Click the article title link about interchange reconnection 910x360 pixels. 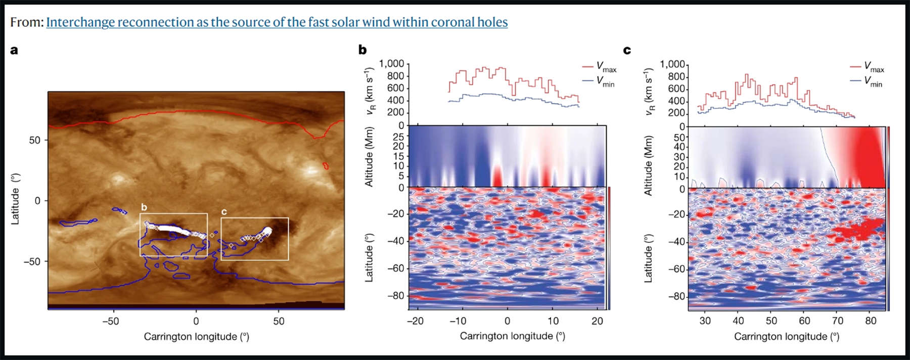(277, 22)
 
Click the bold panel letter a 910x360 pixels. (14, 50)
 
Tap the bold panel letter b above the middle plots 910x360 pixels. (362, 50)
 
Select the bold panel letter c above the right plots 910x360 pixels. (627, 50)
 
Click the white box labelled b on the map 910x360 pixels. (173, 214)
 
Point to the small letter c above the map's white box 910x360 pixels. (224, 212)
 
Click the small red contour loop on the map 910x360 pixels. (326, 165)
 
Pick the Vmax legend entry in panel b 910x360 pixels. (600, 67)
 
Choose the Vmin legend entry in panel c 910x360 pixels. (867, 81)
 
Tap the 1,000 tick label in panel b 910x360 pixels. (392, 64)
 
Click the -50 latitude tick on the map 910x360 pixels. (32, 262)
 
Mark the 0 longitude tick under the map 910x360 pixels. (196, 322)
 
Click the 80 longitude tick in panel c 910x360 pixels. (871, 321)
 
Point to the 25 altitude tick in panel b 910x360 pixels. (398, 137)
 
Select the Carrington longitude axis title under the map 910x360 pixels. (196, 337)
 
